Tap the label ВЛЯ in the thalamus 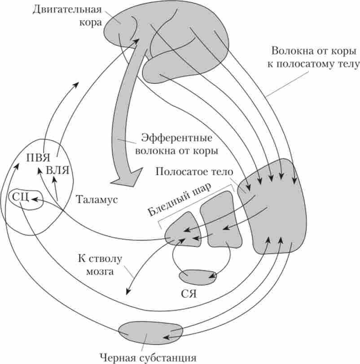56,170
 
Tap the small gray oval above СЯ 197,277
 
